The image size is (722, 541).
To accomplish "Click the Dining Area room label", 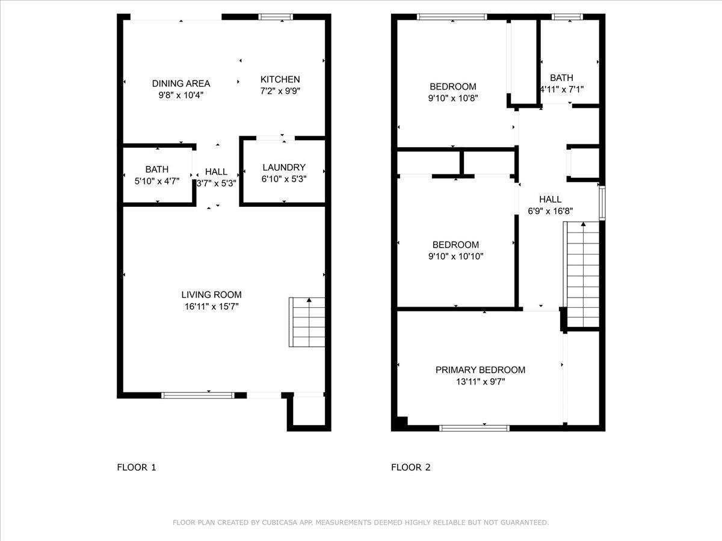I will coord(180,84).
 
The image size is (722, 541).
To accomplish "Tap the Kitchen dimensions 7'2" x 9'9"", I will coord(280,91).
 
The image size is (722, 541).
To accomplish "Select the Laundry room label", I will coord(284,167).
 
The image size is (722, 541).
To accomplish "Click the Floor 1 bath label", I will coord(156,170).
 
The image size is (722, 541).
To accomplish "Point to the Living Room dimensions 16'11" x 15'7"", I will coord(211,306).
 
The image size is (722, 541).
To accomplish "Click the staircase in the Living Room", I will coord(307,322).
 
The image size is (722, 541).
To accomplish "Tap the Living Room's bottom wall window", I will coord(198,395).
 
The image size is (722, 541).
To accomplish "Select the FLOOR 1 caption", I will coord(136,467).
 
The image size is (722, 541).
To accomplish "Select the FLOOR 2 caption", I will coord(411,467).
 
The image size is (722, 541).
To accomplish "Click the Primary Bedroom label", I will coord(480,370).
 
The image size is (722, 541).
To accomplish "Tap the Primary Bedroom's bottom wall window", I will coord(474,428).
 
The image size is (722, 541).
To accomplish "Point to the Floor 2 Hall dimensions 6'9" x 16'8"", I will coord(550,211).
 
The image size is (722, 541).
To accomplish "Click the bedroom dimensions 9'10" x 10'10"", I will coord(455,256).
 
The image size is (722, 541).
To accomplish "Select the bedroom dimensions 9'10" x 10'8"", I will coord(452,98).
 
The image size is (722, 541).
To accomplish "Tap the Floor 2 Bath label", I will coord(561,78).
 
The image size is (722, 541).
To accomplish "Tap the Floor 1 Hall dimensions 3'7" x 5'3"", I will coord(216,183).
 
